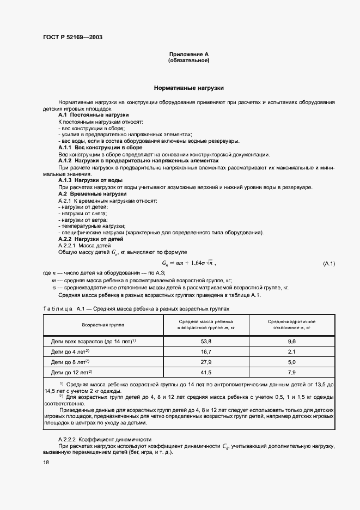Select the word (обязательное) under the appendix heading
188,60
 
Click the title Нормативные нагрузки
188,87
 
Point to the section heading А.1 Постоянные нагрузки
93,115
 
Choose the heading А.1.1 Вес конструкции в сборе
100,148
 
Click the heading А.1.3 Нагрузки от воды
90,180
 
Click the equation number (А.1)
329,264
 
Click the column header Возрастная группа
102,324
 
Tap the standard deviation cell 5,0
291,362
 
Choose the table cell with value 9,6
291,341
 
